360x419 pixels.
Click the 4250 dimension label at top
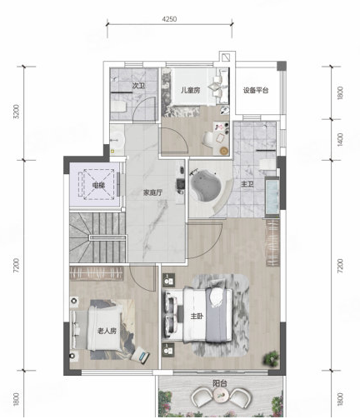point(169,19)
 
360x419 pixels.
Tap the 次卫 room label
point(138,86)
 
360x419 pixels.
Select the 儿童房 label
point(191,90)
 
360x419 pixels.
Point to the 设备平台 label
point(256,90)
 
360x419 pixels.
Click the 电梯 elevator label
point(98,185)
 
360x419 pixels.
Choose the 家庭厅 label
point(152,192)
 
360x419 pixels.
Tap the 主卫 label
point(247,184)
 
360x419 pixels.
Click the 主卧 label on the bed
point(197,316)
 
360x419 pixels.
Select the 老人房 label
point(107,331)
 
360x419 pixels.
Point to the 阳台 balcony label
point(220,384)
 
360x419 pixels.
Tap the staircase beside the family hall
point(97,237)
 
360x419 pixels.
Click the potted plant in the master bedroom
point(271,358)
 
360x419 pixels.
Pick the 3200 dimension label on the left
point(17,112)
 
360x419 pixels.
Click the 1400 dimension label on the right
point(341,139)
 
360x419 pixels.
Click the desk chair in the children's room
point(207,138)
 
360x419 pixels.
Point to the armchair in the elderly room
point(140,355)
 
